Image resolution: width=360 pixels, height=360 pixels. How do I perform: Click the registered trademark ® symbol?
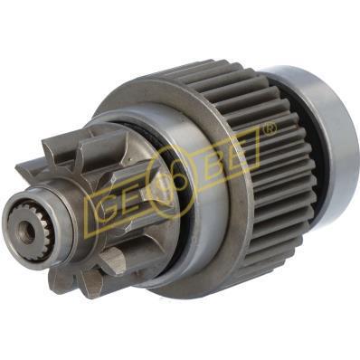[269, 132]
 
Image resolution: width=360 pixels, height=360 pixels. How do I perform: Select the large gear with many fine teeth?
[271, 199]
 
